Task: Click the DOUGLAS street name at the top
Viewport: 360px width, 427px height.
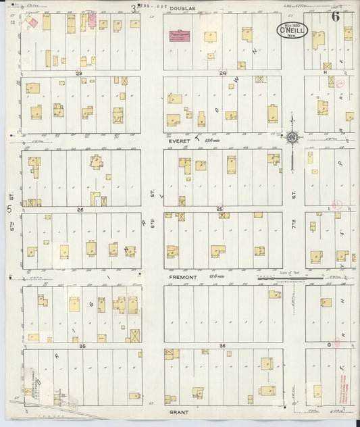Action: click(182, 9)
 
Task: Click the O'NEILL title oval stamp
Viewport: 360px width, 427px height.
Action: click(292, 30)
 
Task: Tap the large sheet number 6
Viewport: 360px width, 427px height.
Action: click(336, 16)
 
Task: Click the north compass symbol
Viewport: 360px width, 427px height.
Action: click(292, 138)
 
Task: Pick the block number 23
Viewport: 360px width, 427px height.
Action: click(79, 72)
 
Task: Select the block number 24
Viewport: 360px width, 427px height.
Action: click(222, 72)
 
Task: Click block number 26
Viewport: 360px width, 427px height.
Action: click(80, 209)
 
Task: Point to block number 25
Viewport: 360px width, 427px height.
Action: click(220, 209)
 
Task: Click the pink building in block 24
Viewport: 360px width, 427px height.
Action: click(180, 34)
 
